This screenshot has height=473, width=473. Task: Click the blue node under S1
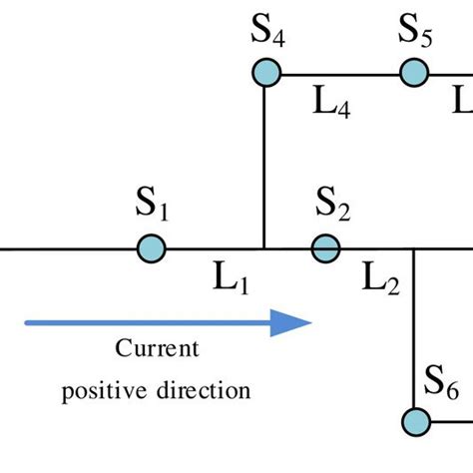click(151, 247)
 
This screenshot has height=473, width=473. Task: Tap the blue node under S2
click(325, 247)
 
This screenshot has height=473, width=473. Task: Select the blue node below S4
click(265, 73)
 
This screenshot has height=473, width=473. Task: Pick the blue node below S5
click(414, 73)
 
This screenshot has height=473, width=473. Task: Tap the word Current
click(157, 350)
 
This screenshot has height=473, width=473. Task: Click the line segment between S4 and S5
click(339, 73)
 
